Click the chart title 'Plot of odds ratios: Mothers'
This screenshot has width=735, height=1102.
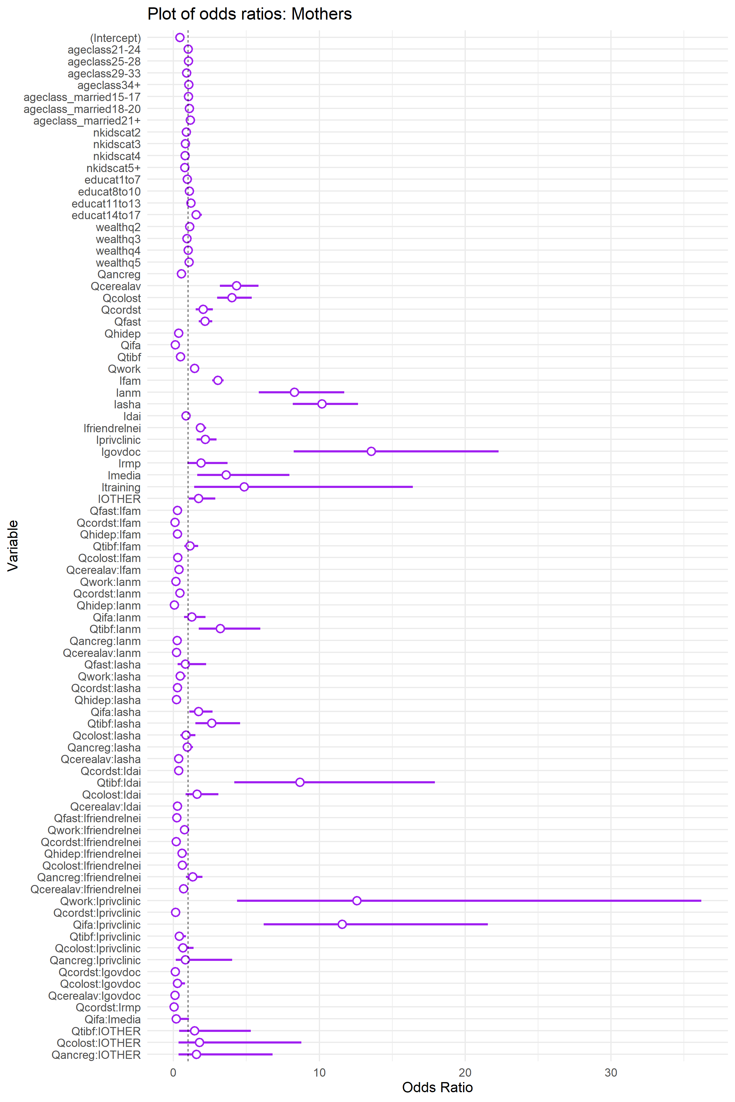(249, 14)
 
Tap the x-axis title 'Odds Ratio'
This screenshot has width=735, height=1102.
(437, 1087)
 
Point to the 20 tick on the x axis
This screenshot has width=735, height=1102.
(465, 1073)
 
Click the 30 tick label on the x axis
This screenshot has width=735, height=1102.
(611, 1073)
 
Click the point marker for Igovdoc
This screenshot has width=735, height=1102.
(371, 451)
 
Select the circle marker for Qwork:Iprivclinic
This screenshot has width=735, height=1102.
(357, 901)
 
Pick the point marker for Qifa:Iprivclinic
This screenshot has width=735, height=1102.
(342, 924)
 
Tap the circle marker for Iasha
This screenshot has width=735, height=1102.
(322, 404)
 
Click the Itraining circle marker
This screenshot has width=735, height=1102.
(244, 487)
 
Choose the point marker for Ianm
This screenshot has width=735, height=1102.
(294, 392)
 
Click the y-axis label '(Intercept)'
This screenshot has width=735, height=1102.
(115, 38)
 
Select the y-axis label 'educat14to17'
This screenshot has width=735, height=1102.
(106, 215)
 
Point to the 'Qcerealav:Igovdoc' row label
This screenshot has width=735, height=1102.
(94, 996)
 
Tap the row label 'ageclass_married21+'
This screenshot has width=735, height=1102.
(87, 121)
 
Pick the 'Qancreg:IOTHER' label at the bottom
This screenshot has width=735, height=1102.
(96, 1055)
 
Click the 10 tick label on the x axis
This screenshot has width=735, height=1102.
(319, 1073)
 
